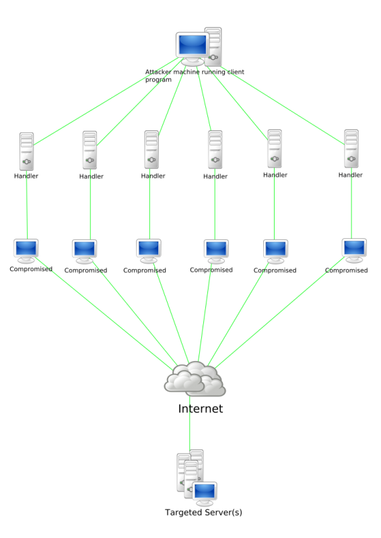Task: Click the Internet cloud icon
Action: point(195,379)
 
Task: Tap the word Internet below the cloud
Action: point(201,408)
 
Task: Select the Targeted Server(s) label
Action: point(203,512)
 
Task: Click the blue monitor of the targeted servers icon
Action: point(205,492)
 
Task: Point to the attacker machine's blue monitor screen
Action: point(193,44)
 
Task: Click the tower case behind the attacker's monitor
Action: point(213,46)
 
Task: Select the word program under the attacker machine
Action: point(158,79)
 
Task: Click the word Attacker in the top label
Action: point(158,72)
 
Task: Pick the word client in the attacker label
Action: point(236,72)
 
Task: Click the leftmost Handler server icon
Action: point(26,151)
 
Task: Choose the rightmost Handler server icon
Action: point(351,148)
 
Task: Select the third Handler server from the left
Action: point(151,149)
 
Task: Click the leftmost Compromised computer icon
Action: point(26,251)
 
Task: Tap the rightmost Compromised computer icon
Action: point(354,250)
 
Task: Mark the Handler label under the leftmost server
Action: point(26,176)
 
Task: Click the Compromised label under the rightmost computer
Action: point(346,270)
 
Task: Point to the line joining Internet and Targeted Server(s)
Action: point(190,424)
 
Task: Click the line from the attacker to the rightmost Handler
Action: point(283,105)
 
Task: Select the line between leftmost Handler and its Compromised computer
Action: point(27,204)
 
